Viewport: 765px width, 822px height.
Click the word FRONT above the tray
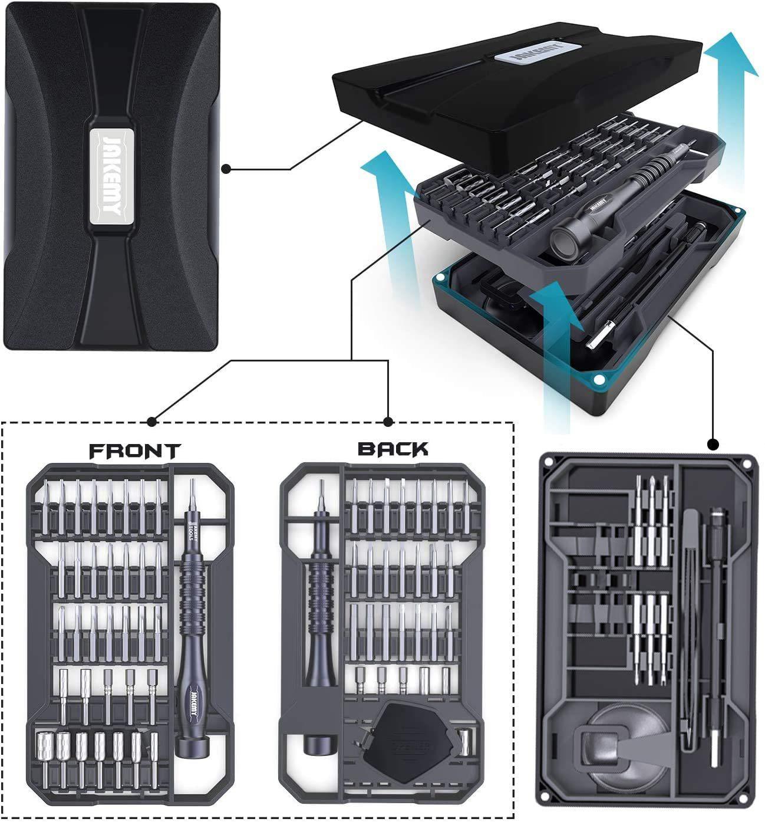point(134,451)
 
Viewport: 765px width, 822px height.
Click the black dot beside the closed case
point(226,169)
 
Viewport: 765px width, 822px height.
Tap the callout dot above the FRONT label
point(152,421)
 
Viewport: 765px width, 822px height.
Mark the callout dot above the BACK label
point(388,421)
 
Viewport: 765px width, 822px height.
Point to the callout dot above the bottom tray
point(713,443)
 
